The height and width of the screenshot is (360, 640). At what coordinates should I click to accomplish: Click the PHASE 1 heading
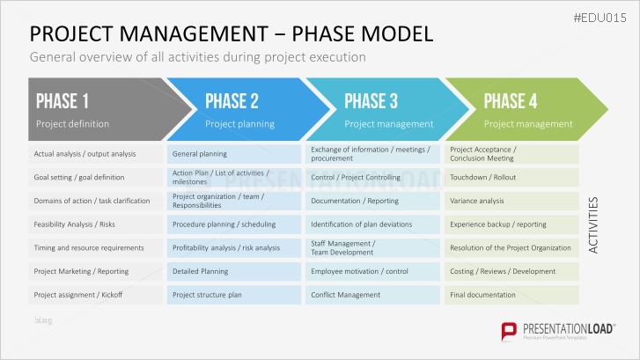pyautogui.click(x=62, y=100)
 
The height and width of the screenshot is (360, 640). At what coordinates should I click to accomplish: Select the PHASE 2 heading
pyautogui.click(x=232, y=100)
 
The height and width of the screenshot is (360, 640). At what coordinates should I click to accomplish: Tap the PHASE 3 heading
pyautogui.click(x=371, y=100)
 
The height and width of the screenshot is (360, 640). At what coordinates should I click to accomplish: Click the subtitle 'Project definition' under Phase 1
pyautogui.click(x=72, y=124)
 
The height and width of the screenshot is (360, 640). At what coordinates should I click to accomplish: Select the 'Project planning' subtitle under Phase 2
pyautogui.click(x=239, y=124)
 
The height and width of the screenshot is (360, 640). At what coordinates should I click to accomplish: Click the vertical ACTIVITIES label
pyautogui.click(x=594, y=225)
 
